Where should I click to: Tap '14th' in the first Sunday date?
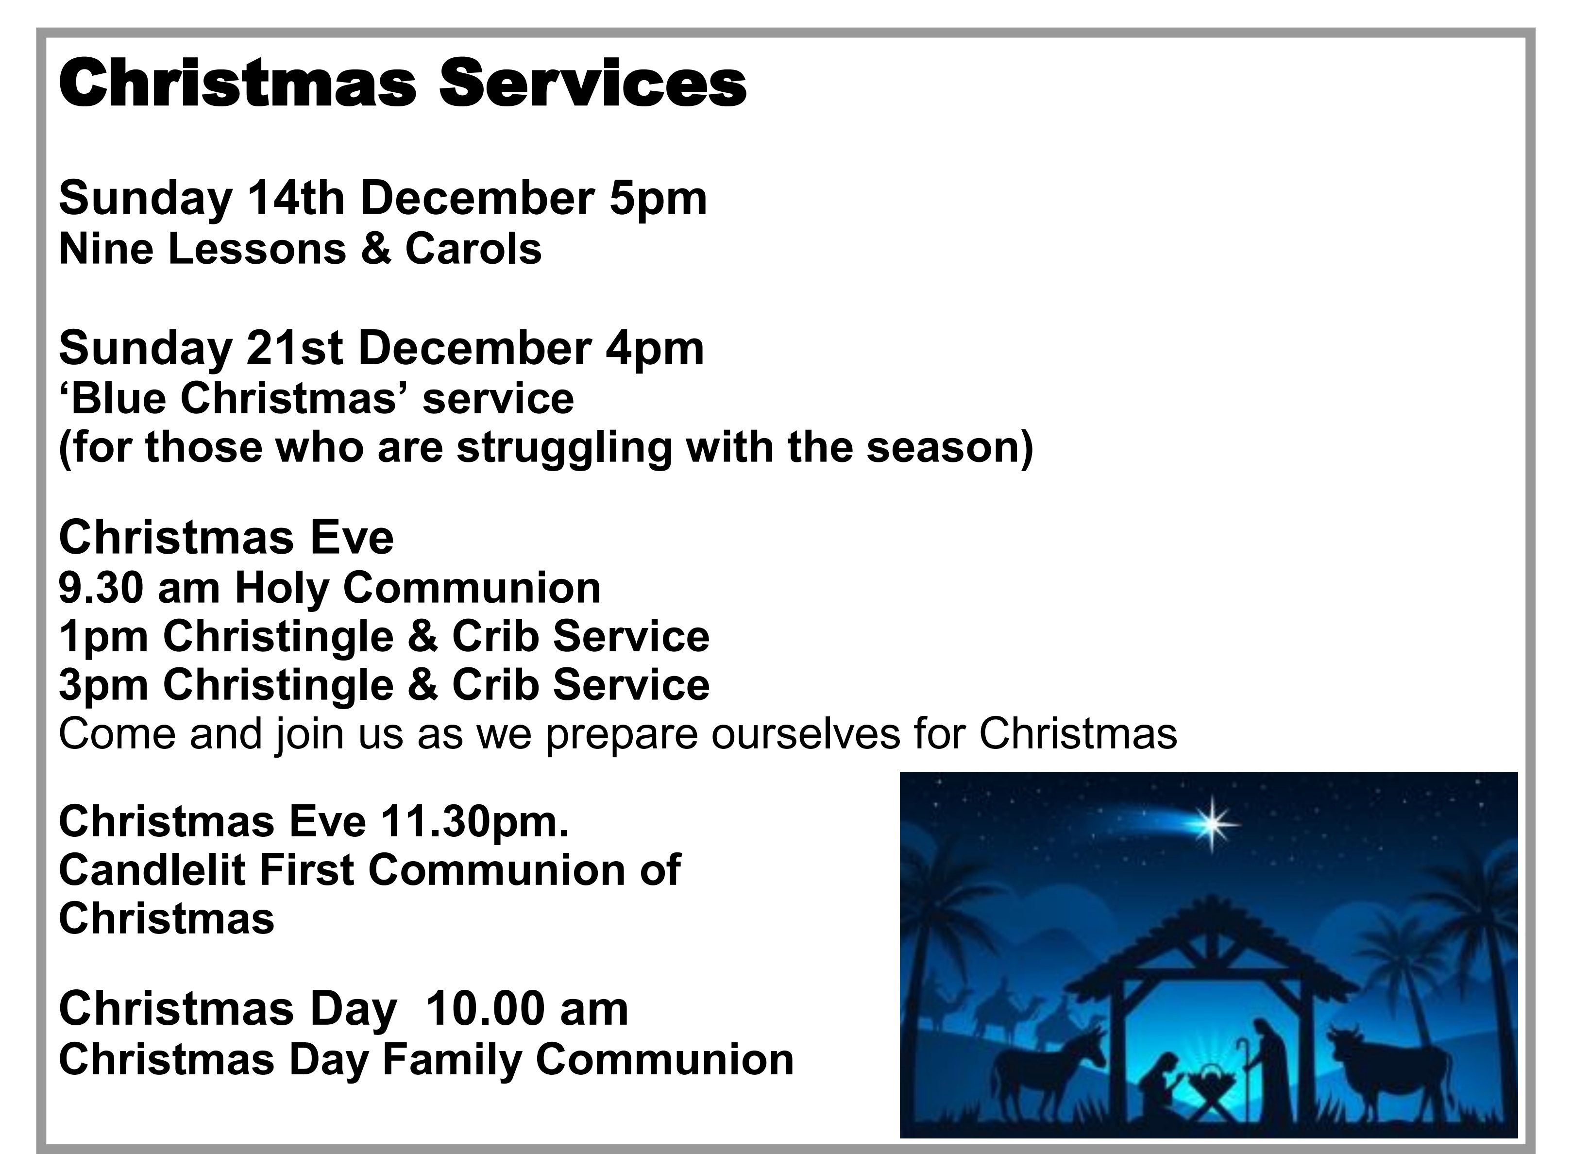pyautogui.click(x=296, y=199)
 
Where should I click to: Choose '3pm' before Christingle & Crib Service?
pyautogui.click(x=103, y=687)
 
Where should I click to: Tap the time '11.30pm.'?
pyautogui.click(x=475, y=822)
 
